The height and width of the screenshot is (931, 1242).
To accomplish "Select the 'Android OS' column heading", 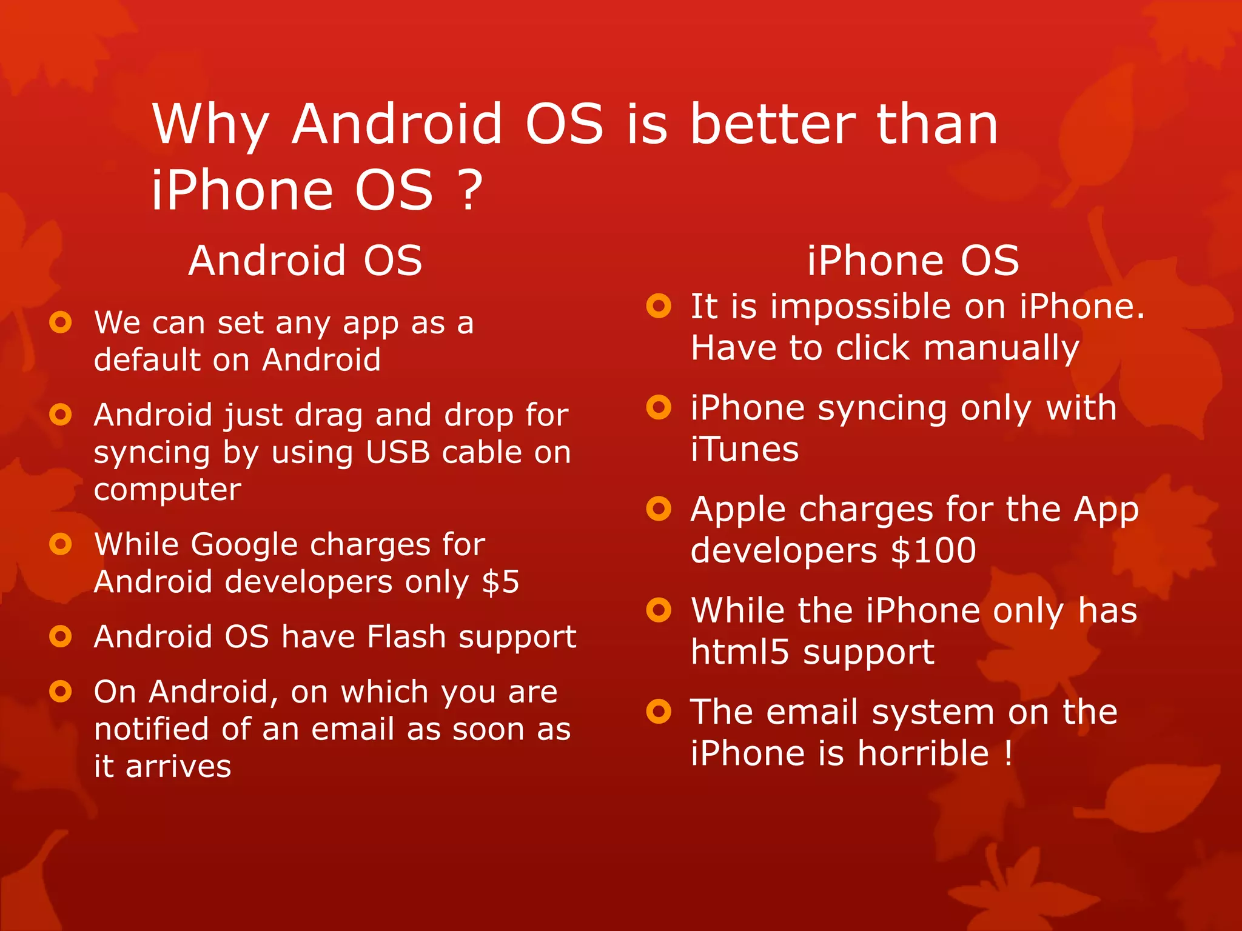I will (305, 261).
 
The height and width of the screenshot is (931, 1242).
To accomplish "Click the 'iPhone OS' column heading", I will (913, 261).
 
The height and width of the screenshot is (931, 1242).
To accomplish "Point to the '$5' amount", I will (500, 582).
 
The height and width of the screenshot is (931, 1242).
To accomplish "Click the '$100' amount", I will (933, 551).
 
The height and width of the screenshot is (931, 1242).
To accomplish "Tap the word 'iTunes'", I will (745, 450).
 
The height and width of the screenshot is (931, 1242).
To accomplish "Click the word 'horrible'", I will (923, 753).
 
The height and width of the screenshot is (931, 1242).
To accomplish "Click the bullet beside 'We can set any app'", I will (61, 322).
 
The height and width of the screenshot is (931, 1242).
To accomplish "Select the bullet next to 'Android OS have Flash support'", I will (61, 636).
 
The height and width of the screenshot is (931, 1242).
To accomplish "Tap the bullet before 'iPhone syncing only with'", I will (659, 407).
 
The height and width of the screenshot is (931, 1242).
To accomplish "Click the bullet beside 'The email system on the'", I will (659, 711).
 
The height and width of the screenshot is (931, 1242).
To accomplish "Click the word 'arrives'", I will (178, 767).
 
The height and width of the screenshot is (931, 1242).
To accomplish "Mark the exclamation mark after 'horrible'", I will (1008, 753).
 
